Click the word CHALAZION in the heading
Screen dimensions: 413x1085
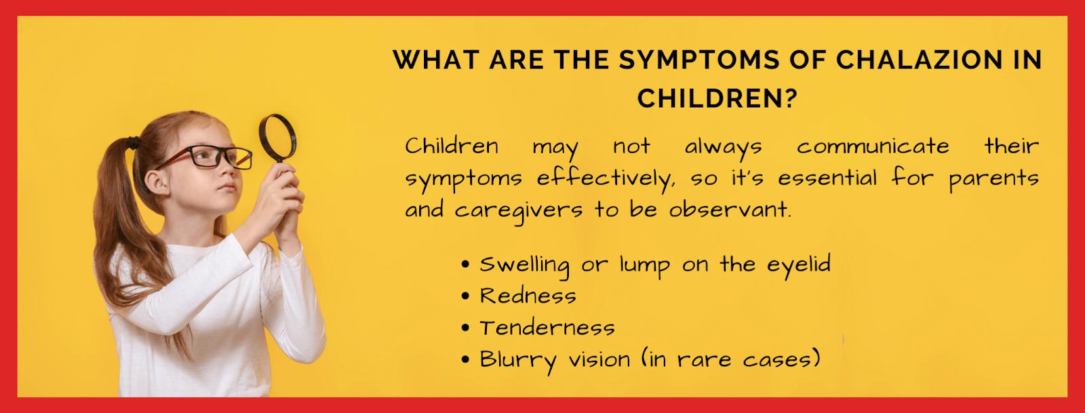[x=919, y=60]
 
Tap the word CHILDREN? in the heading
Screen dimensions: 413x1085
[x=717, y=99]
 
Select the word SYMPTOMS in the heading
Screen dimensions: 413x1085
[x=698, y=60]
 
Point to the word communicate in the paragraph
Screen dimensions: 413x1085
[x=873, y=146]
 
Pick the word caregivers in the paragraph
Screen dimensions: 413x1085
[x=518, y=211]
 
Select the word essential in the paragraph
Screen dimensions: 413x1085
[x=827, y=178]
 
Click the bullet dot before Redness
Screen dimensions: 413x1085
[x=465, y=296]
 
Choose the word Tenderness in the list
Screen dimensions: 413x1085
[x=547, y=328]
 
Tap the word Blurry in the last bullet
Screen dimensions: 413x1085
[x=517, y=360]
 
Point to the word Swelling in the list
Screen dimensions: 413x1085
[x=524, y=265]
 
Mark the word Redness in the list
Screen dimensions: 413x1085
[x=528, y=296]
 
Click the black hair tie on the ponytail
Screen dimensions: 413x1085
[x=133, y=143]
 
